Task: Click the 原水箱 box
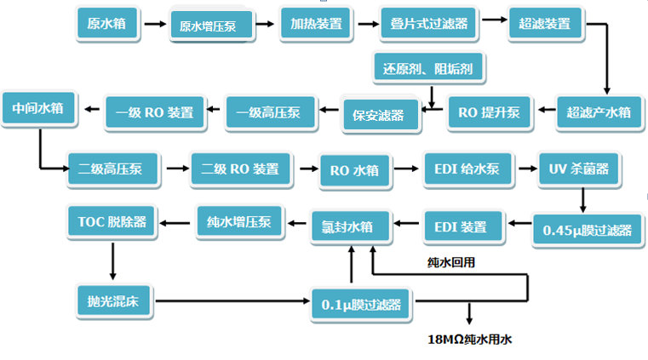[x=106, y=23]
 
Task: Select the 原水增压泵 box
[x=213, y=26]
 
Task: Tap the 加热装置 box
[x=316, y=23]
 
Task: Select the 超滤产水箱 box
[x=599, y=111]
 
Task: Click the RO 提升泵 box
[x=489, y=111]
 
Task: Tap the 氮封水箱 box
[x=351, y=226]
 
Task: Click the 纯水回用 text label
[x=450, y=262]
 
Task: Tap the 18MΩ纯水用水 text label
[x=469, y=339]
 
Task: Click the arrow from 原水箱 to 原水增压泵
[x=154, y=24]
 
